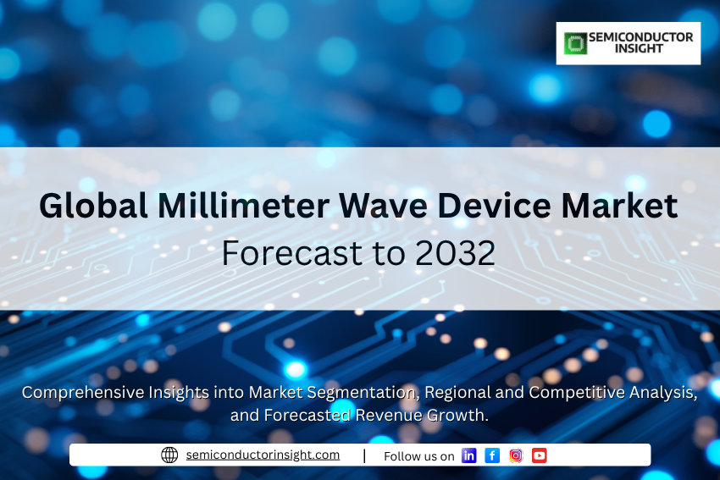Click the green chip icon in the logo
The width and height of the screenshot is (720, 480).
(575, 43)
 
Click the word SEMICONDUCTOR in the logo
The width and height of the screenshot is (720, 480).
(641, 37)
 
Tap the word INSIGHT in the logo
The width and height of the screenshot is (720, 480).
(639, 48)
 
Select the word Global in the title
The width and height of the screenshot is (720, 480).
(93, 205)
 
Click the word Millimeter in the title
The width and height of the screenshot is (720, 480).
(243, 205)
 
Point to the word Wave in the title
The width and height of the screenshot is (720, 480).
(383, 206)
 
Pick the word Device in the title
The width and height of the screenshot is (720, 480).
(494, 205)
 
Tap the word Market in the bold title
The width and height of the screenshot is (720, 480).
(619, 205)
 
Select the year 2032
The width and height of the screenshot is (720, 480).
(456, 253)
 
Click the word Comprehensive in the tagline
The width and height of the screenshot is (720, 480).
(83, 393)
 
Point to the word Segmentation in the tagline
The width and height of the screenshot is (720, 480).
(363, 393)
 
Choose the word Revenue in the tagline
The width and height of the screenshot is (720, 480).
(389, 415)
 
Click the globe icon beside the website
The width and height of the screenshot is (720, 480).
(169, 455)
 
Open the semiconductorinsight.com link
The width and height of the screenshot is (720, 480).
(263, 455)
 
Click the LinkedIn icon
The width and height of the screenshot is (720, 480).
(468, 455)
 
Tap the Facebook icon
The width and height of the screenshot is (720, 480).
(492, 455)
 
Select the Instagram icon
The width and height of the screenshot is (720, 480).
(516, 455)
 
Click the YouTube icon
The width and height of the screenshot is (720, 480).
(540, 455)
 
